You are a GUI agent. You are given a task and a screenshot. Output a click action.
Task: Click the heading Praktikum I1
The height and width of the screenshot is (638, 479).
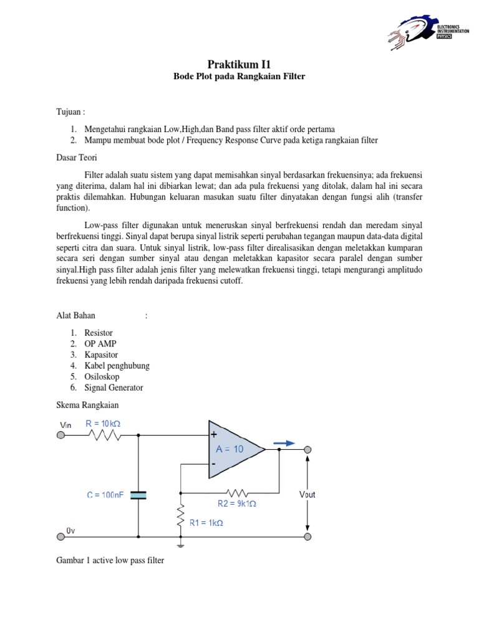coord(239,64)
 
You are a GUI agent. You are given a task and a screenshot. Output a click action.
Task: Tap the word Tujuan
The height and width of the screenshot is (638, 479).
coord(69,112)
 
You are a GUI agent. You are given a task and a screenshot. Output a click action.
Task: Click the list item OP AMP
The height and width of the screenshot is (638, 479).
coord(100,344)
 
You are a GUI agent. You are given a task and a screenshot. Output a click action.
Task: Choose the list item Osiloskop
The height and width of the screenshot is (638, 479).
coord(102,376)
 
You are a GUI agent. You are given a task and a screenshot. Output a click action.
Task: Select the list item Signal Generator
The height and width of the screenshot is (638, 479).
coord(114,388)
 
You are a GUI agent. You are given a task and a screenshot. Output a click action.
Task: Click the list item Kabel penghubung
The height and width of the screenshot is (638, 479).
coord(117,366)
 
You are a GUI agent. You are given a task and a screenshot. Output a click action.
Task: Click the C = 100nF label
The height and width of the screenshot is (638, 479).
coord(105,495)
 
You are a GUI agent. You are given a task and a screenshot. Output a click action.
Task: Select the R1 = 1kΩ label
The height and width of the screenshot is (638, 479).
coord(206,523)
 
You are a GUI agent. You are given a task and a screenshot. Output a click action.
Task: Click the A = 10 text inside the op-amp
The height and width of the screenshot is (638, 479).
coord(230,449)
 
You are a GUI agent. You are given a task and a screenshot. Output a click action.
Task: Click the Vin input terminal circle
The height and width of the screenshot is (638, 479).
coord(60,436)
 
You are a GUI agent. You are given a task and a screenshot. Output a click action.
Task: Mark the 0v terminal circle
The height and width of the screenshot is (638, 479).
coord(60,536)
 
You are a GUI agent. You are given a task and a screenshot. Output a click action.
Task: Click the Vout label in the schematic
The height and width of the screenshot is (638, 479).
coord(307,494)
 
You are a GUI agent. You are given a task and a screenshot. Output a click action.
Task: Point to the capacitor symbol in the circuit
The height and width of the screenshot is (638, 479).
coord(138,495)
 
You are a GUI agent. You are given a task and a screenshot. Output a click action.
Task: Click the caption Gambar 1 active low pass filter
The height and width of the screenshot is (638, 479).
coord(110,560)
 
